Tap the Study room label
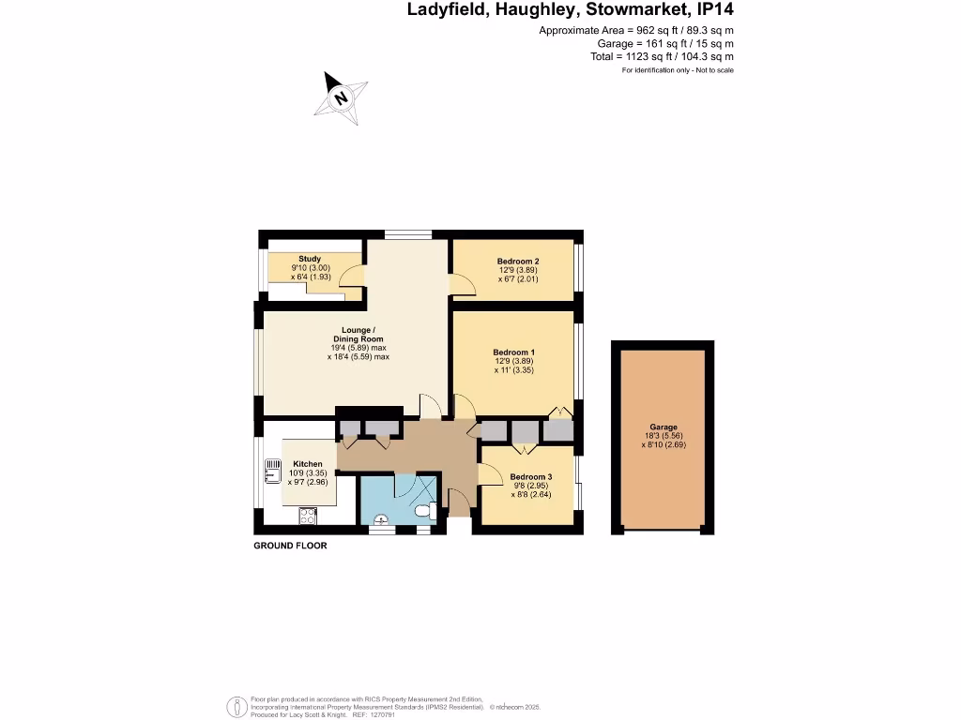tap(310, 259)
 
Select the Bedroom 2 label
tap(518, 262)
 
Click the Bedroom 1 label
tap(513, 352)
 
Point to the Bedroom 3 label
tap(531, 477)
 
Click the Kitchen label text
tap(308, 464)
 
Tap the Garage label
tap(664, 427)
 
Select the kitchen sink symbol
tap(272, 468)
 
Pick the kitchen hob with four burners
tap(308, 515)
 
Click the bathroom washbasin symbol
tap(381, 519)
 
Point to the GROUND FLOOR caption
tap(291, 546)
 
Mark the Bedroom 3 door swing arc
tap(489, 474)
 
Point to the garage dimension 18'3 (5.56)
tap(664, 436)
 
